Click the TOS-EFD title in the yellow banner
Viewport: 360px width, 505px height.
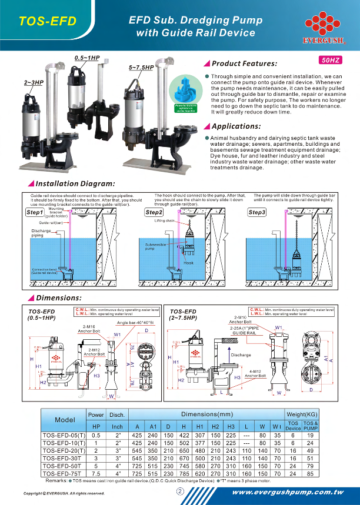tap(48, 22)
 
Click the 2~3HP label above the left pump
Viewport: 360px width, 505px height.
tap(34, 83)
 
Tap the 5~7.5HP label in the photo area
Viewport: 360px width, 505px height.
tap(141, 68)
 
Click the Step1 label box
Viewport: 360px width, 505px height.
tap(35, 212)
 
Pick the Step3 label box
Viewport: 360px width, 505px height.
tap(256, 212)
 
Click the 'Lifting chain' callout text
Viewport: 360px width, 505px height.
tap(166, 220)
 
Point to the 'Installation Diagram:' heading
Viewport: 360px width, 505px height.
tap(75, 184)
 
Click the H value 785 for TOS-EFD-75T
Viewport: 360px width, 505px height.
tap(186, 472)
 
